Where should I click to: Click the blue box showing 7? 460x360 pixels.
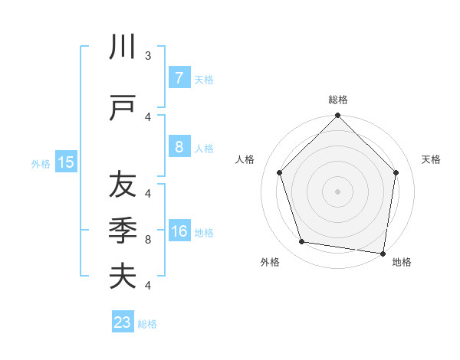pos(178,78)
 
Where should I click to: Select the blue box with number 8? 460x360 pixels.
pos(178,147)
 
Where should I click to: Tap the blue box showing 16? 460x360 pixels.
pos(179,231)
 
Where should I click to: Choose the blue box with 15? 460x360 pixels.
pos(65,162)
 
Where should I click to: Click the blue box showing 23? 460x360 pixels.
pos(123,322)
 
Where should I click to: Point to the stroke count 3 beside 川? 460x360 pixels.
pos(148,56)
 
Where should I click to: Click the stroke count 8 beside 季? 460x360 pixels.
pos(148,240)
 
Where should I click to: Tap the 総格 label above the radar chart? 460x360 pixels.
pos(337,100)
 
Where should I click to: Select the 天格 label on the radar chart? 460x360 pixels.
pos(431,159)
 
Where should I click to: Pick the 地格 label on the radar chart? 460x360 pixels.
pos(401,262)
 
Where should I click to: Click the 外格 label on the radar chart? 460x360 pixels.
pos(270,262)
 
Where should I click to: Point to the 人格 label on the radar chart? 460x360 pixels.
pos(245,159)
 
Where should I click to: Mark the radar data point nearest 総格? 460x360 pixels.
pos(337,116)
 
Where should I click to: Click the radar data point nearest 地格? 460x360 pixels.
pos(383,253)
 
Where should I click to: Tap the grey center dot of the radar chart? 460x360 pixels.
pos(337,191)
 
